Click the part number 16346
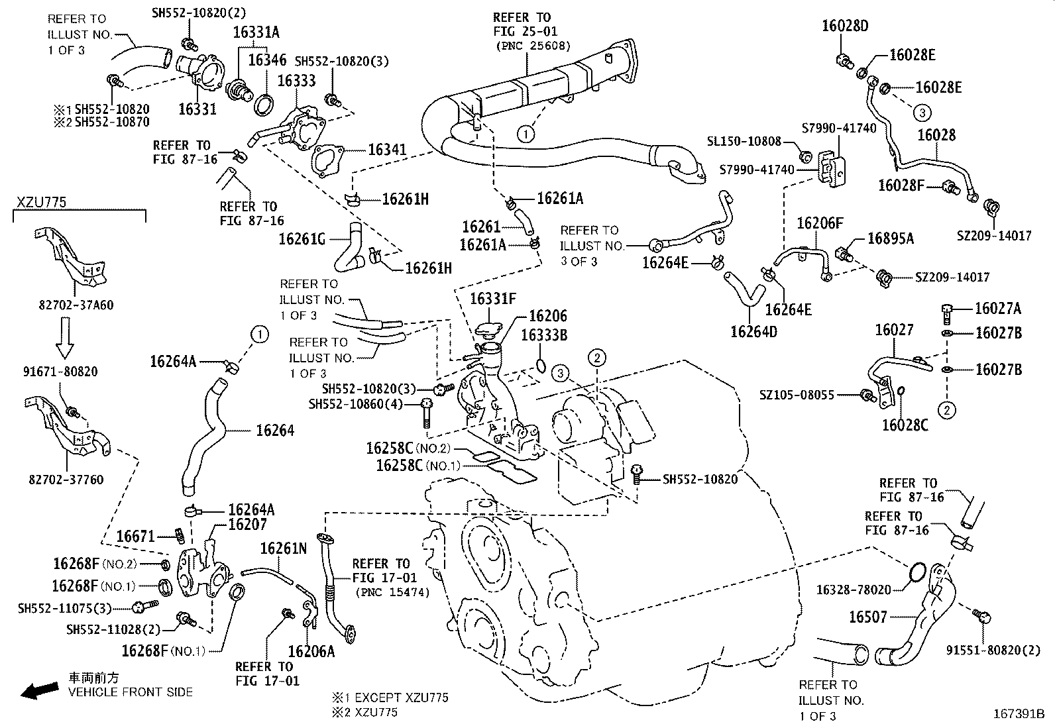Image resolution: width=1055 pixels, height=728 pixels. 267,60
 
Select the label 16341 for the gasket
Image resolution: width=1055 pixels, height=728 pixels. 387,150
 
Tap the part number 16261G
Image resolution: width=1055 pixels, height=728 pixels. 302,238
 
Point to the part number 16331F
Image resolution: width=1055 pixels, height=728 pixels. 492,299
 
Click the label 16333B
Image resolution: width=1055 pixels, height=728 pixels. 543,335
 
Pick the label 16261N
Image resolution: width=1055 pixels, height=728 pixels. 283,548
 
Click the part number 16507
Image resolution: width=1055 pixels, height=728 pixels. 867,617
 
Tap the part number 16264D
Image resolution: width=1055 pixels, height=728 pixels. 753,331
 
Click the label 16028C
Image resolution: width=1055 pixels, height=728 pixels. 905,425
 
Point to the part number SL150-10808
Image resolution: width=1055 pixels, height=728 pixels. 744,141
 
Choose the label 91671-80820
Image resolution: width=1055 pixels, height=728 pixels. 58,372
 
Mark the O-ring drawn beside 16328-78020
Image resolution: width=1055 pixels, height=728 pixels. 916,572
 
